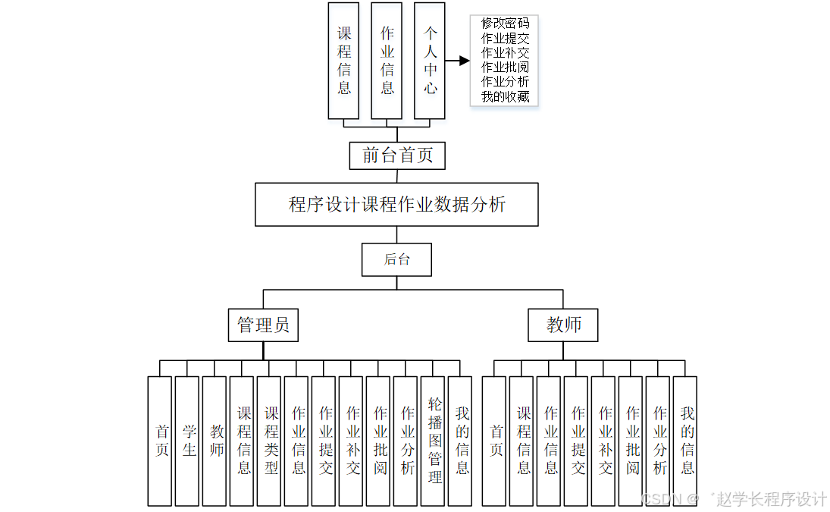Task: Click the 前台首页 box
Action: point(397,155)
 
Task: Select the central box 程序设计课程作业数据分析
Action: point(396,204)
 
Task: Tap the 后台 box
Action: point(396,259)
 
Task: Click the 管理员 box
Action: point(263,325)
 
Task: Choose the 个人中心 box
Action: point(430,61)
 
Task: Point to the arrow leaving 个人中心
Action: point(457,61)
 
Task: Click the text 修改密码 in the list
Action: point(505,24)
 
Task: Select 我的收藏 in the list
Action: point(505,96)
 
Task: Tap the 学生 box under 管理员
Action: point(189,441)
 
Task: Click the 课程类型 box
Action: point(271,441)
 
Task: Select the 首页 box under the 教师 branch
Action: point(496,441)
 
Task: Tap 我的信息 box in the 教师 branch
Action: point(687,441)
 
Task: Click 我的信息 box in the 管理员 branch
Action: point(462,441)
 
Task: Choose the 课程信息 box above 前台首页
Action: point(343,61)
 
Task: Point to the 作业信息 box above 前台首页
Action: point(387,61)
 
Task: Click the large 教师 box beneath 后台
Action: point(563,325)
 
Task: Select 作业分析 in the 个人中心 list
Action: point(505,82)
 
